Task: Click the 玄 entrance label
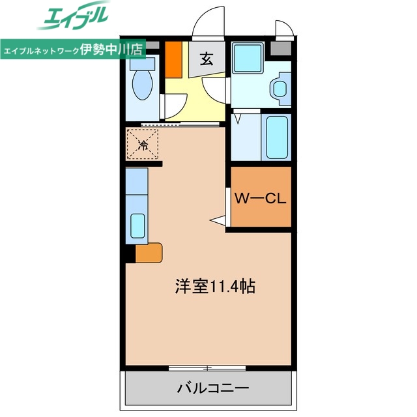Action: tap(206, 60)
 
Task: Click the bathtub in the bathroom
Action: tap(277, 137)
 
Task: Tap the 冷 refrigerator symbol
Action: tap(142, 144)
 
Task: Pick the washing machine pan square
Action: tap(248, 58)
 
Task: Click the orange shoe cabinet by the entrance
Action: tap(173, 58)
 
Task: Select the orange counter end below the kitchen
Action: tap(149, 252)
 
